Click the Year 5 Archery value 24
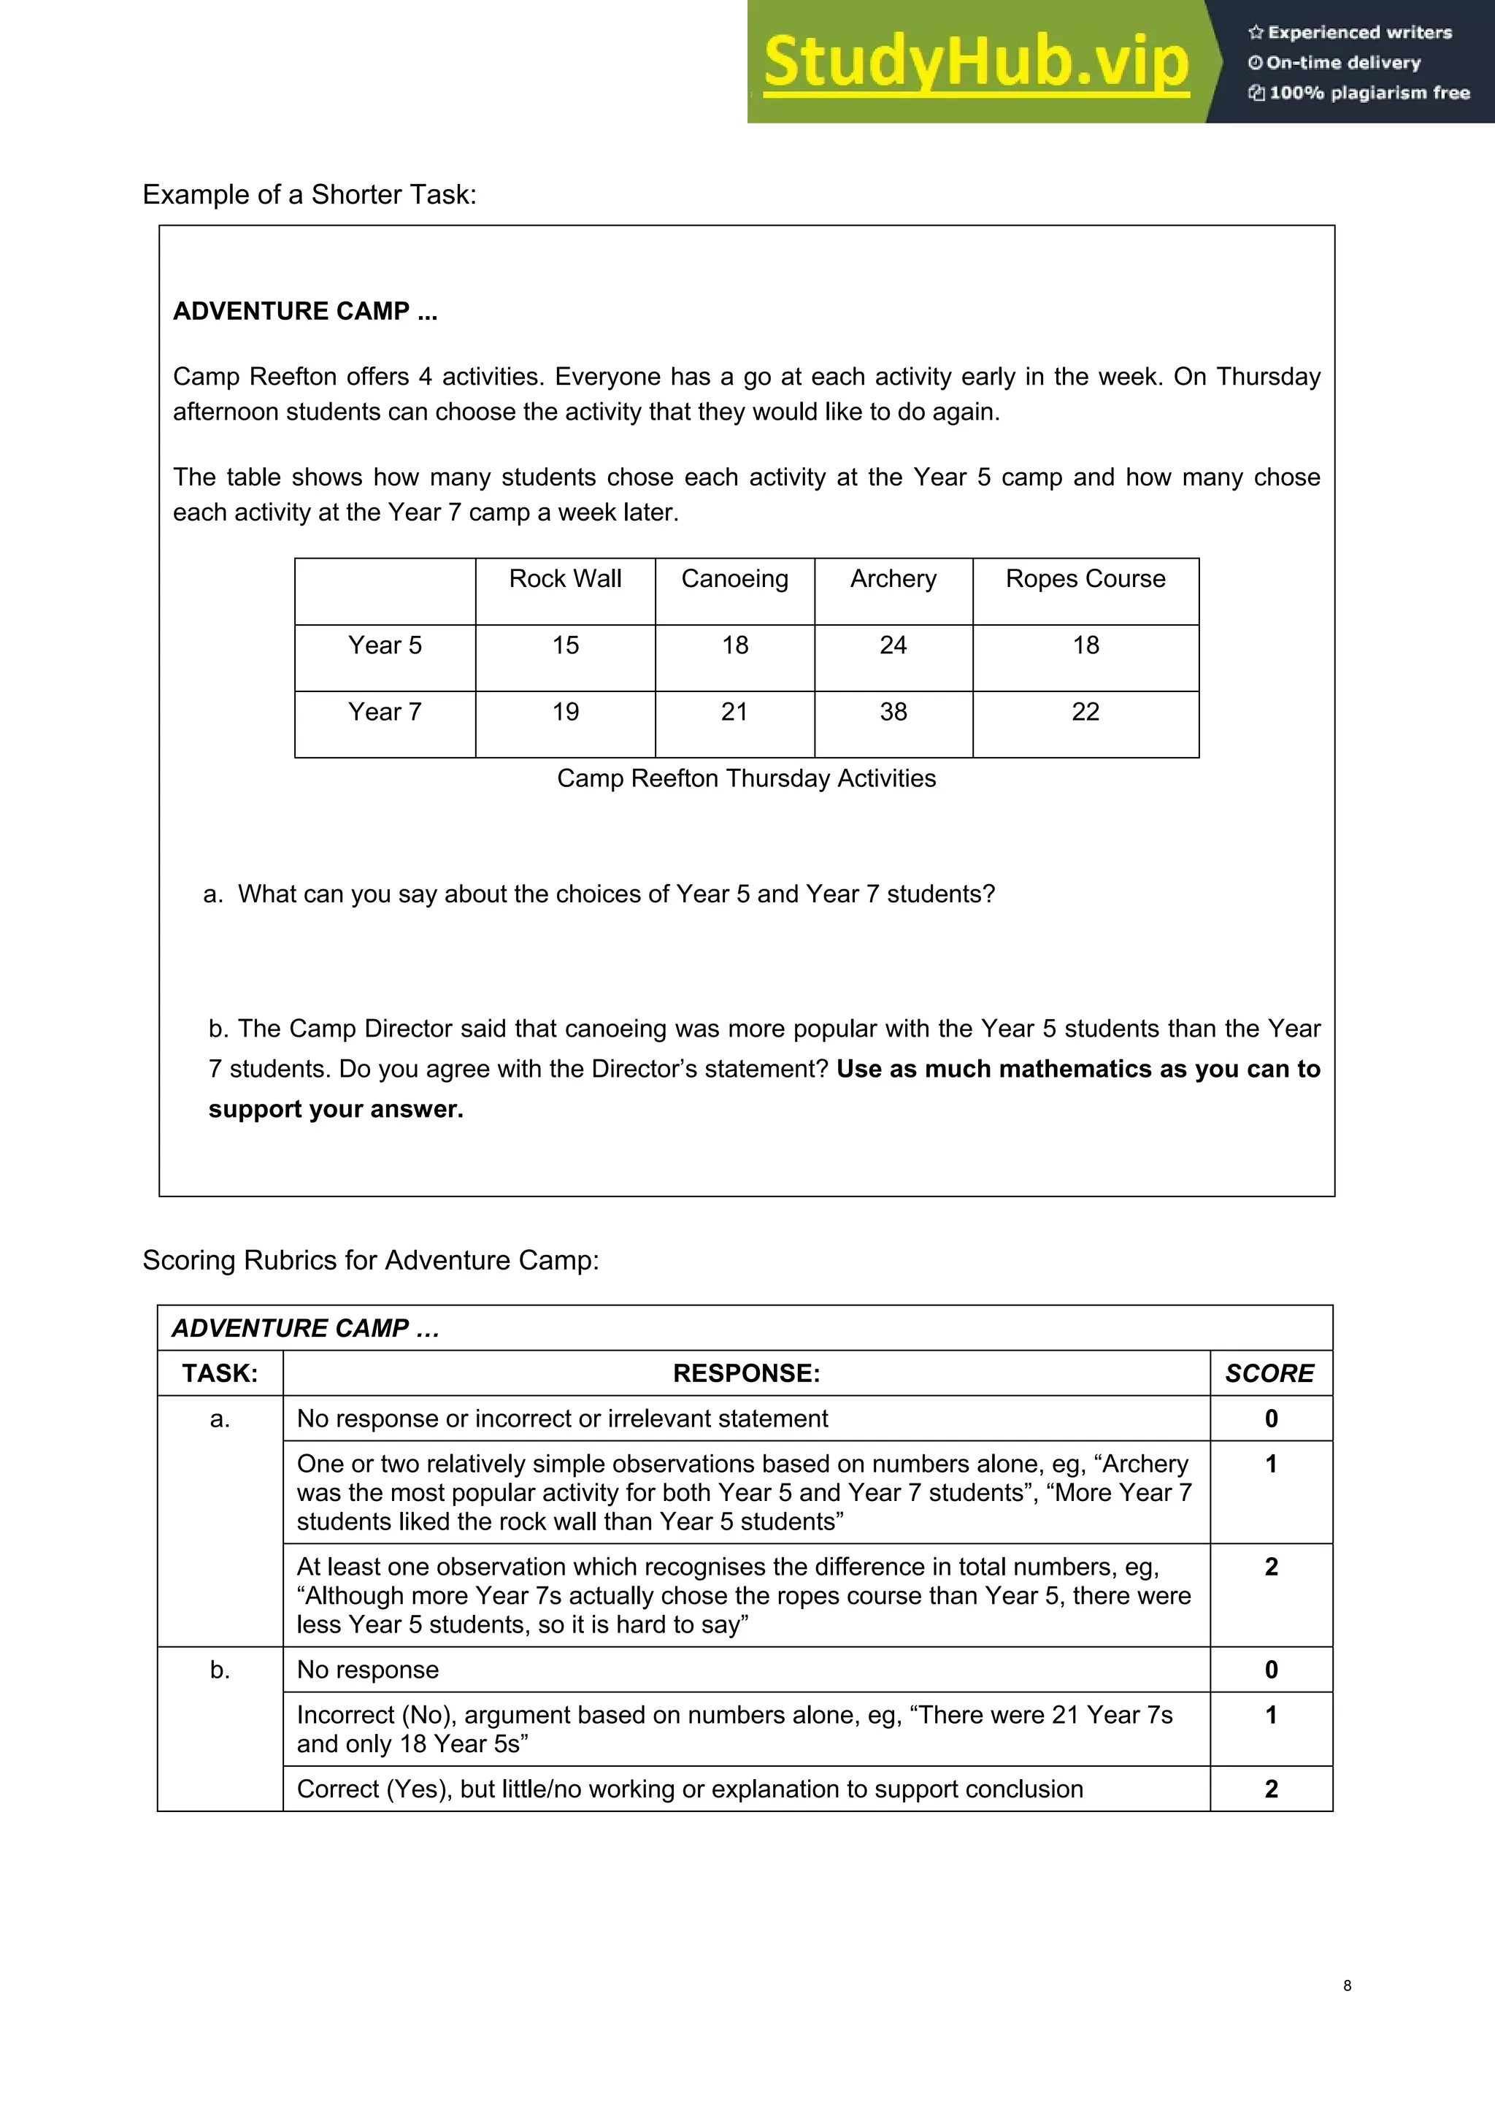[893, 645]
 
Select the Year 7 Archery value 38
[893, 711]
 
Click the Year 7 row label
[384, 711]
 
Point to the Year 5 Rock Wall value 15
[565, 645]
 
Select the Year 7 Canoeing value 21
[734, 711]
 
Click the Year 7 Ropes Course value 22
[1085, 711]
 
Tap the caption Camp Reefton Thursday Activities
[746, 778]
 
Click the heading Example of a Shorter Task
[310, 194]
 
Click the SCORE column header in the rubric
[1269, 1373]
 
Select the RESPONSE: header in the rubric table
[746, 1373]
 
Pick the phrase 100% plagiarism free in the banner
[1369, 92]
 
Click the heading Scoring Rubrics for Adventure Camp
[370, 1260]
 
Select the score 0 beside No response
[1271, 1670]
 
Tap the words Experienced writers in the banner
[1360, 32]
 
